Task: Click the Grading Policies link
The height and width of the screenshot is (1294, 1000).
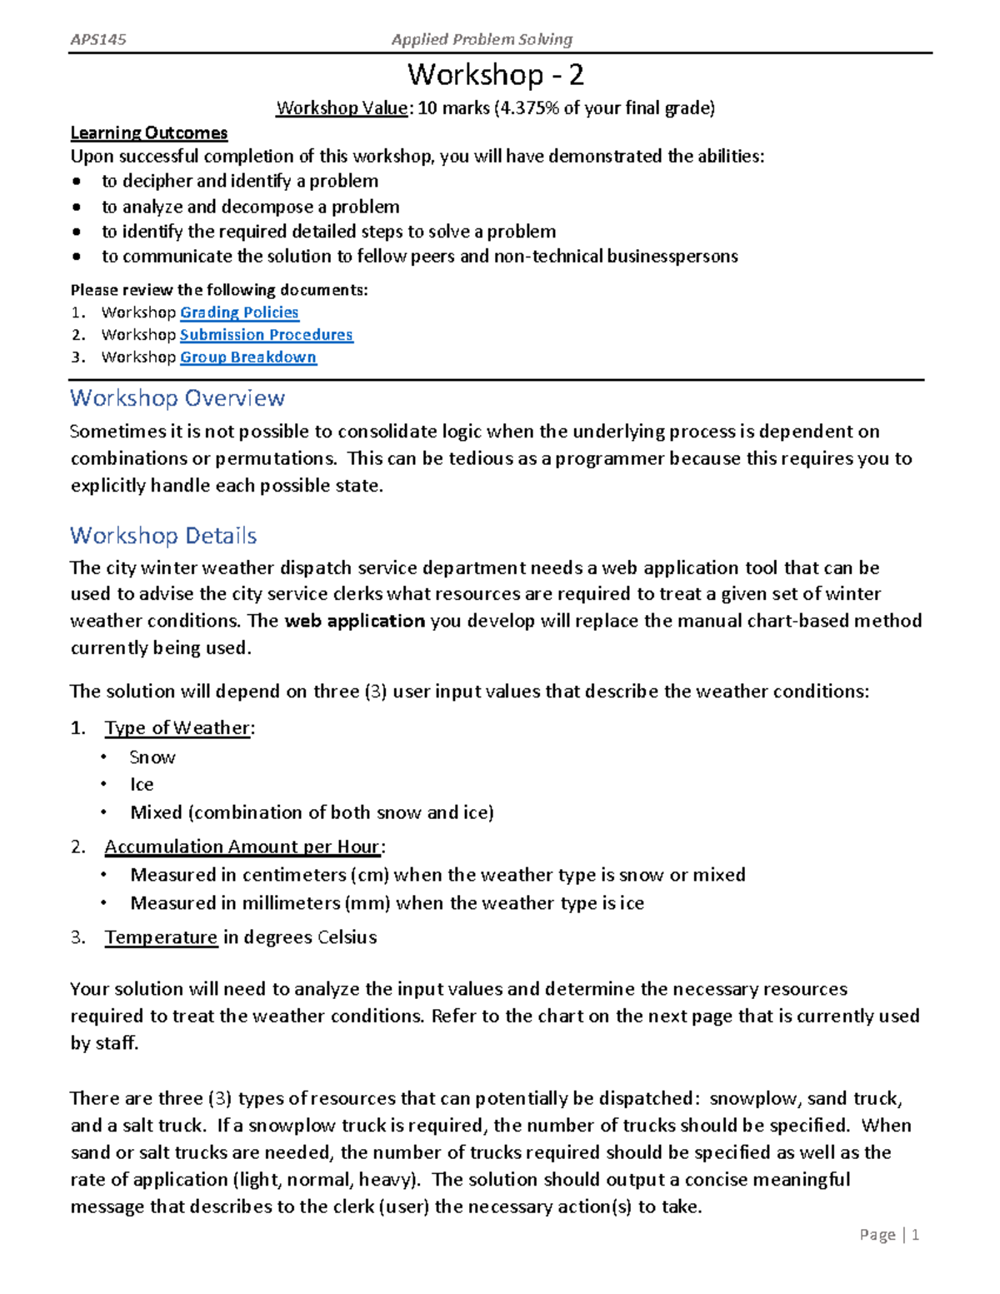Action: coord(239,312)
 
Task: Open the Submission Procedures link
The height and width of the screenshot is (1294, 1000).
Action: coord(266,335)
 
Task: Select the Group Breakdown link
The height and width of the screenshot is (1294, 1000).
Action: coord(247,357)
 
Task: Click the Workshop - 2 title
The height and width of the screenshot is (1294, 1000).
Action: coord(495,76)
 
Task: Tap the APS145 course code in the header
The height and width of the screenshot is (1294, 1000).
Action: coord(98,39)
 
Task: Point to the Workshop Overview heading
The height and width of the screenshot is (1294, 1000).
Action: coord(177,398)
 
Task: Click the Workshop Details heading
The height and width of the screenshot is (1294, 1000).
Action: coord(163,536)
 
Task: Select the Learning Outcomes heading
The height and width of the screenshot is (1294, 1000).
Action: coord(148,133)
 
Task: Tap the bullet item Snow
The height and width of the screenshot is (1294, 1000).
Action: coord(152,758)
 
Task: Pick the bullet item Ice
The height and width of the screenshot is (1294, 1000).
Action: coord(142,785)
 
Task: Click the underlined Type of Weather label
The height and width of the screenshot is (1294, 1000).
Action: coord(177,728)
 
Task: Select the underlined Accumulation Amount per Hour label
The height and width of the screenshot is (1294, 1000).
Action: coord(242,847)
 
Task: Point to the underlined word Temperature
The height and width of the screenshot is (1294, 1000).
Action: coord(161,937)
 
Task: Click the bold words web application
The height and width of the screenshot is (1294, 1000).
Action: coord(355,622)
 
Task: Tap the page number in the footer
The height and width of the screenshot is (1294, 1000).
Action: coord(915,1235)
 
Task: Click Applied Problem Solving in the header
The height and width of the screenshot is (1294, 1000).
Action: coord(482,39)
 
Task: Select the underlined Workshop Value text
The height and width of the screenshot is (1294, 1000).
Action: coord(342,108)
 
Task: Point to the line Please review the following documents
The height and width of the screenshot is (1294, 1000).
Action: coord(218,290)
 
